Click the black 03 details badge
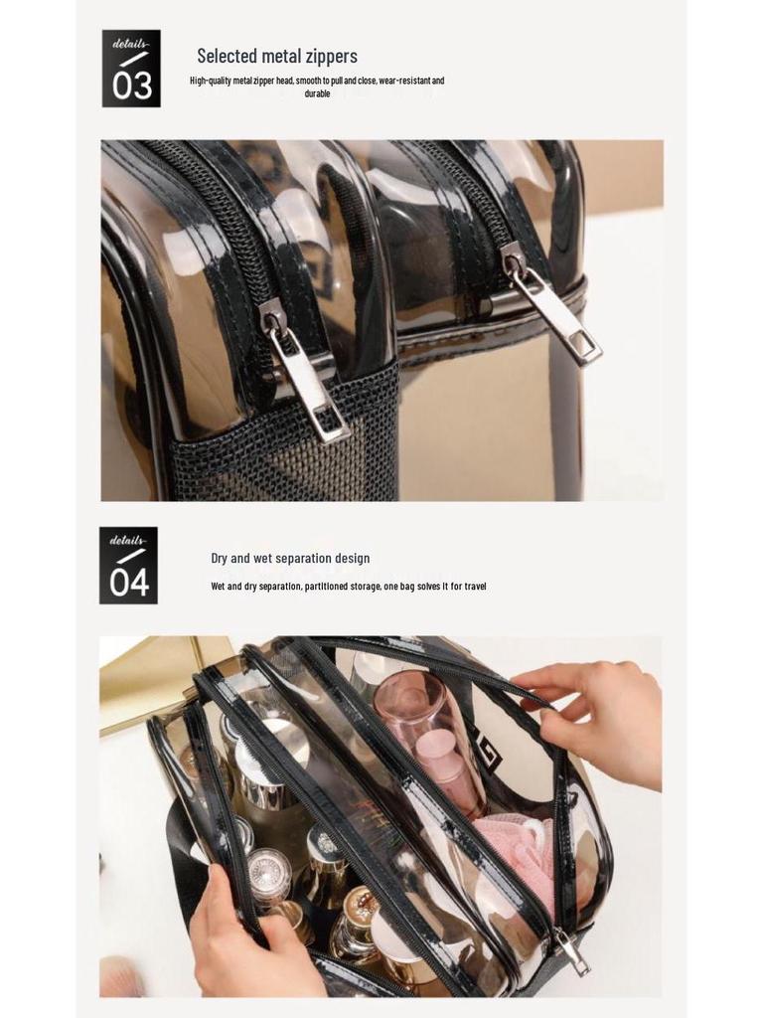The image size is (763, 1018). click(x=131, y=69)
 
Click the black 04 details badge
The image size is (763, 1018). click(x=128, y=565)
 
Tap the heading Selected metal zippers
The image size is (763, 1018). click(x=277, y=56)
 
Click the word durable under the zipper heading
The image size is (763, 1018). click(x=317, y=94)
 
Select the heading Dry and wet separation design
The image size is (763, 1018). click(x=290, y=559)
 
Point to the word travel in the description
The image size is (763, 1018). click(x=475, y=587)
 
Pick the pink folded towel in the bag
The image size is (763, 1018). click(x=512, y=855)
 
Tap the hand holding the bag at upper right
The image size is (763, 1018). click(x=596, y=716)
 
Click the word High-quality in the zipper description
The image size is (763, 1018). click(x=211, y=81)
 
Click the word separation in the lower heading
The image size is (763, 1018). click(x=304, y=559)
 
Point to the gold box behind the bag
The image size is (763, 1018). click(x=159, y=676)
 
